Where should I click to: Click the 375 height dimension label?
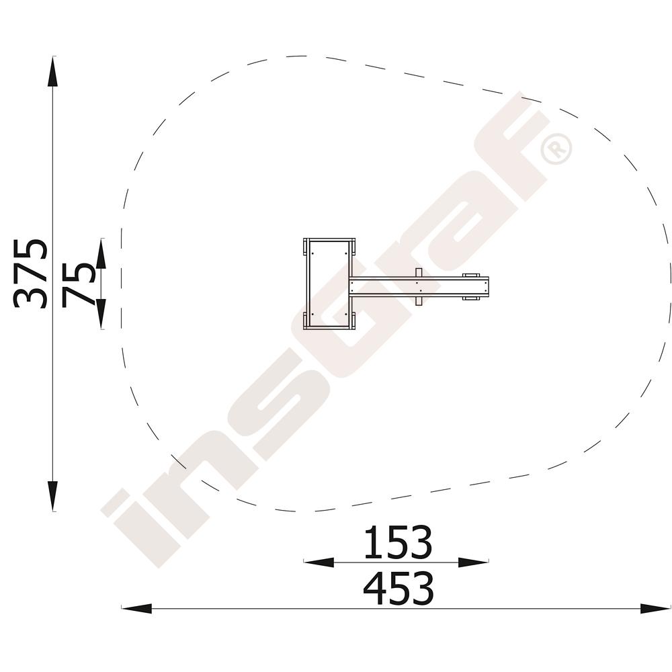30,273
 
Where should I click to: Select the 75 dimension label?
77,285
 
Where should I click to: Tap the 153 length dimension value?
398,542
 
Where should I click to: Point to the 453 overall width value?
398,587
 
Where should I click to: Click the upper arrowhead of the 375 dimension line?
52,72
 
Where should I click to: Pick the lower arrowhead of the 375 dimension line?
52,496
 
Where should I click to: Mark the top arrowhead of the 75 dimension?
101,254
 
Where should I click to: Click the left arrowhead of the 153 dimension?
319,562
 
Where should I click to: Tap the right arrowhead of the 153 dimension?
473,562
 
